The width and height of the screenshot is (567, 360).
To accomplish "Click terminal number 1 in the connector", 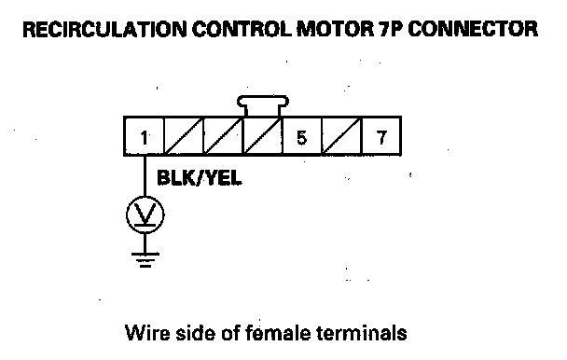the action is (x=144, y=136).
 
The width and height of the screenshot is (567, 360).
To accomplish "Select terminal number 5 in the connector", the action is (x=301, y=136).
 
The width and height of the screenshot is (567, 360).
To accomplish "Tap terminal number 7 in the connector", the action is (x=381, y=136).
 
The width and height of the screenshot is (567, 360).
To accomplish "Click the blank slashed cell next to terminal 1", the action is (x=184, y=136).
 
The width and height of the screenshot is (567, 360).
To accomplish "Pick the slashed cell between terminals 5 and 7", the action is (x=341, y=136).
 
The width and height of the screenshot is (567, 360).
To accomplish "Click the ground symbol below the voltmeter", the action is (x=145, y=259).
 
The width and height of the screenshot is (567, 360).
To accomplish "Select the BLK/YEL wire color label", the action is (x=200, y=178).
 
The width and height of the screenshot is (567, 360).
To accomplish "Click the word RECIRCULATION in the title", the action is (x=104, y=29).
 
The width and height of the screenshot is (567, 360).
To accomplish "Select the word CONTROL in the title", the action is (x=242, y=29).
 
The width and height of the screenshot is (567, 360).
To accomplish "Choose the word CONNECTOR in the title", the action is (x=473, y=29).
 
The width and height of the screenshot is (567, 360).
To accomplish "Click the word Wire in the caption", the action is (x=147, y=333).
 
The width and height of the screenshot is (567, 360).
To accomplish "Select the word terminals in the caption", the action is (x=362, y=333).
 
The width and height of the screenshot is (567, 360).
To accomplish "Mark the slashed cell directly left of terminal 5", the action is (x=262, y=136).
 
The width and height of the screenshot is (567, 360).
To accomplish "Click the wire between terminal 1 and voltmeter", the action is (x=145, y=176).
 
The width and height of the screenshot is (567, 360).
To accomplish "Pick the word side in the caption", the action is (x=195, y=333).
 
